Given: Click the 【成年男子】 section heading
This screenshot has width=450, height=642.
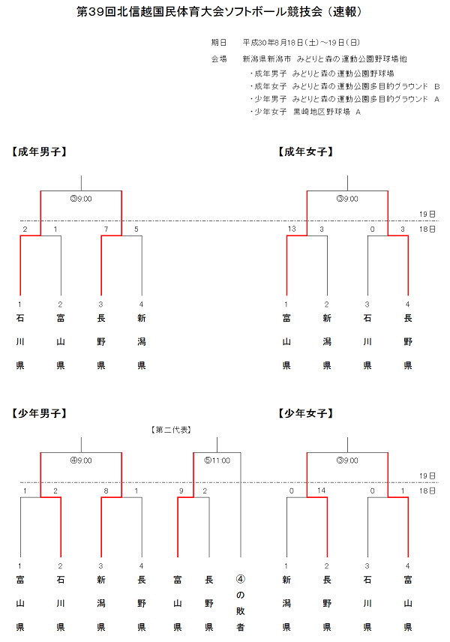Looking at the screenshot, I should click(40, 151).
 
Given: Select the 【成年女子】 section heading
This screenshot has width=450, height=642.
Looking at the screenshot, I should click(306, 151).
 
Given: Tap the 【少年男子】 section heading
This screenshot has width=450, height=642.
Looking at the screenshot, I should click(40, 412).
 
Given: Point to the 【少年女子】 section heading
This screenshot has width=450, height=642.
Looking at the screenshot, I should click(306, 412).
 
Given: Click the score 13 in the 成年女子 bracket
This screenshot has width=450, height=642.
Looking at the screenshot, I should click(292, 229).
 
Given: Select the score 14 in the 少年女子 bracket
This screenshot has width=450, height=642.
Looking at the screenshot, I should click(321, 490).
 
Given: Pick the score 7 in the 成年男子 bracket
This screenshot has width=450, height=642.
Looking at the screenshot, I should click(106, 229).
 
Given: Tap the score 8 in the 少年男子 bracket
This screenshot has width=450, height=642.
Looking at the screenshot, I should click(106, 490).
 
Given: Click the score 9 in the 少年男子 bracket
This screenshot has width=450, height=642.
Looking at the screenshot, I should click(181, 490).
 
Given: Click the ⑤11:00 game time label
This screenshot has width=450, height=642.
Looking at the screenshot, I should click(217, 460).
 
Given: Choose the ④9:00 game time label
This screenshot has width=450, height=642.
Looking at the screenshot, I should click(80, 460).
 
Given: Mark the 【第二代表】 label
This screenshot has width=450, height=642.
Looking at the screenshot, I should click(172, 430).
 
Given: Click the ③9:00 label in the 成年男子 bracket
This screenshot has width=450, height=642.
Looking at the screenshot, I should click(80, 199).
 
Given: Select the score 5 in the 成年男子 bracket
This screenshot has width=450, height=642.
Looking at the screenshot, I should click(136, 229).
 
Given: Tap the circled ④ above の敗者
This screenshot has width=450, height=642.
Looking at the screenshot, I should click(240, 579).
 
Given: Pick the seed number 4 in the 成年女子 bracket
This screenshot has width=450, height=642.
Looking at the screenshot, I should click(407, 304).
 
